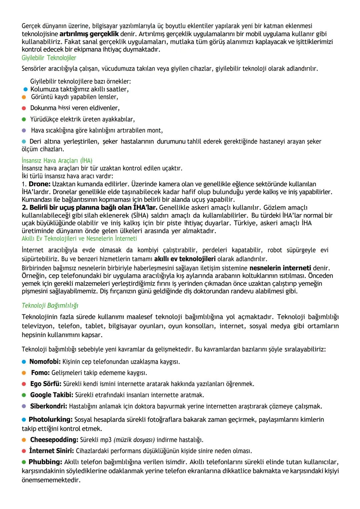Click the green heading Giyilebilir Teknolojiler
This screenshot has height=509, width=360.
pos(49,58)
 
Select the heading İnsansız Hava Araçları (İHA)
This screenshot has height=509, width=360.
pos(57,161)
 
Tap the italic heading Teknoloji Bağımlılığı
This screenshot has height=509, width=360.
pos(50,305)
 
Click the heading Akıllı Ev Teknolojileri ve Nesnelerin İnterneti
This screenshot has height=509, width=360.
pos(79,239)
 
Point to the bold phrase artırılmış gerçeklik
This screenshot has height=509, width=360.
pos(89,34)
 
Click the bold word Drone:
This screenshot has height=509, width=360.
pos(40,184)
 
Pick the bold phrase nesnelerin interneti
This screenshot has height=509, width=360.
pos(280,268)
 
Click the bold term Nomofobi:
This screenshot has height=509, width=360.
pos(45,362)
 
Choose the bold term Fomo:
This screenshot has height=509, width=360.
pos(40,373)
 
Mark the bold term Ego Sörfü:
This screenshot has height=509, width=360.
pos(46,384)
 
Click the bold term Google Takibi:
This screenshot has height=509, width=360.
pos(52,395)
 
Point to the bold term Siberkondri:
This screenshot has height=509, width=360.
pos(49,406)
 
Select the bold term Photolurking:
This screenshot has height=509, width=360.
pos(50,419)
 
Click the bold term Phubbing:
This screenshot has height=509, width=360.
pos(45,462)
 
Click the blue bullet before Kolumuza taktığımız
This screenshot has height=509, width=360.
pos(25,89)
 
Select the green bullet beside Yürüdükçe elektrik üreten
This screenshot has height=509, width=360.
pos(24,119)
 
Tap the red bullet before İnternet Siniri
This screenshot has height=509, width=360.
pos(24,451)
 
